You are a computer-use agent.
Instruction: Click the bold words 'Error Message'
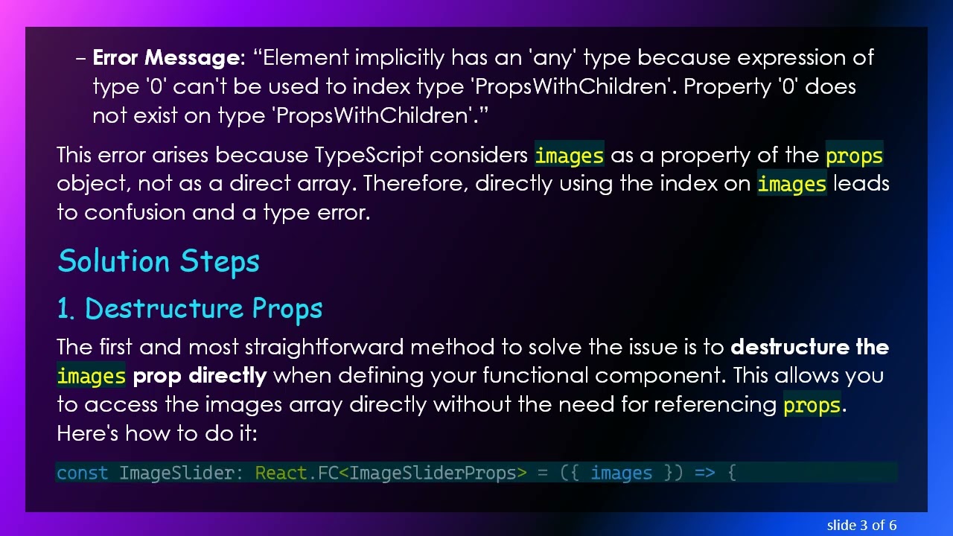tap(165, 58)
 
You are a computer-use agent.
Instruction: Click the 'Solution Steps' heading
tap(159, 261)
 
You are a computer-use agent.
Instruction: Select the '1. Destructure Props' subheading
tap(190, 309)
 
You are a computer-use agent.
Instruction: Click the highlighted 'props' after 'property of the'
tap(854, 156)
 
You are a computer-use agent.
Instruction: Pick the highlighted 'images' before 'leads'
tap(791, 184)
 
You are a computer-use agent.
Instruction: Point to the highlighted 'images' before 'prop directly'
tap(92, 376)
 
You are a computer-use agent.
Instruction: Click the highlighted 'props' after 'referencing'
tap(812, 405)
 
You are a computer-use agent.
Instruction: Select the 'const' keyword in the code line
tap(82, 473)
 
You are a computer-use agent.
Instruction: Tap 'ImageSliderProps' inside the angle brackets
tap(433, 473)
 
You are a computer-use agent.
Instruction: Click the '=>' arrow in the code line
tap(704, 473)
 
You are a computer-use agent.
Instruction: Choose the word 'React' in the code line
tap(281, 473)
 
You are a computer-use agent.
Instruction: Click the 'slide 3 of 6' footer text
tap(861, 526)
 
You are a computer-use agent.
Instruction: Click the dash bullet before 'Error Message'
tap(81, 58)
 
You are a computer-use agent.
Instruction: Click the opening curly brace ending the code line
tap(732, 473)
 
